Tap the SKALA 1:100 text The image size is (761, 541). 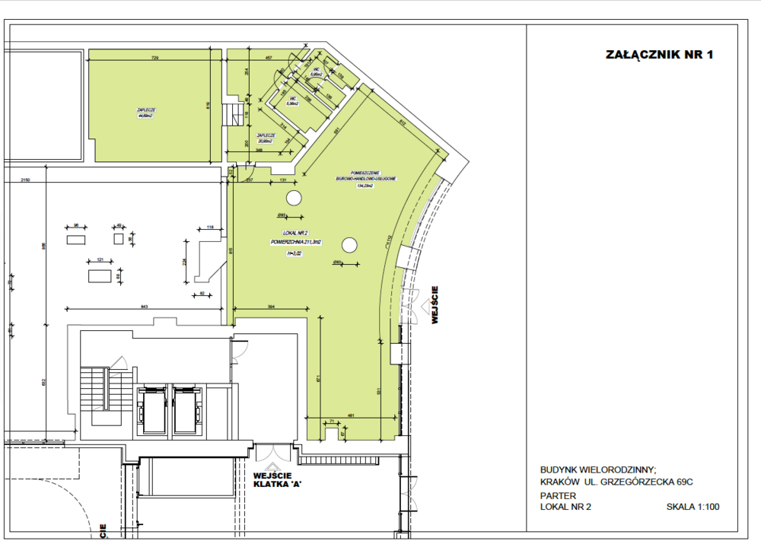pos(693,506)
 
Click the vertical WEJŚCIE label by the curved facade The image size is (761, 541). pos(435,305)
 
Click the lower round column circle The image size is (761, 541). pos(349,245)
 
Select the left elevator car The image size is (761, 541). pos(151,410)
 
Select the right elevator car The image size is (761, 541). pos(187,410)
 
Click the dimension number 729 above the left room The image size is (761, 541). pos(154,59)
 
